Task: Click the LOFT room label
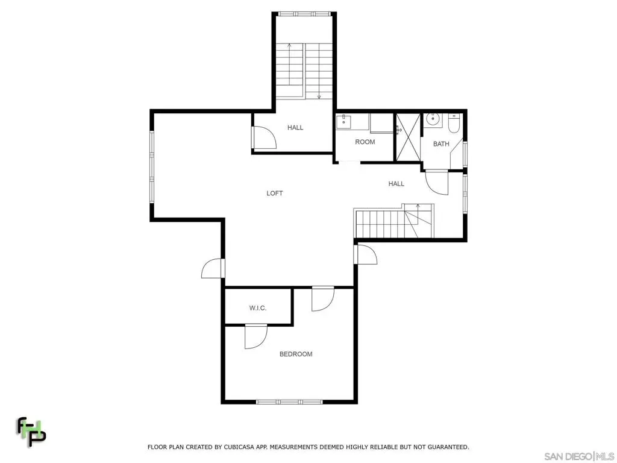[274, 193]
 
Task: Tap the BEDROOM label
[296, 354]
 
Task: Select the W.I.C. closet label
[258, 308]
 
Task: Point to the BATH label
[441, 143]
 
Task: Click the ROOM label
[365, 142]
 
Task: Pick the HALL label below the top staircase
[295, 127]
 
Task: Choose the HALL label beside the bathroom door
[396, 183]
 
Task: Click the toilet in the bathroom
[454, 123]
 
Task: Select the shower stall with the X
[408, 137]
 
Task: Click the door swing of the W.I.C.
[255, 336]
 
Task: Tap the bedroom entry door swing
[323, 299]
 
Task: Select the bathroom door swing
[437, 182]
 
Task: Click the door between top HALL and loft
[264, 137]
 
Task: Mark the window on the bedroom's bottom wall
[289, 402]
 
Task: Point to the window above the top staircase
[304, 14]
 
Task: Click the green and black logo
[31, 432]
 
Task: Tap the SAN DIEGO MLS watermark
[579, 456]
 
